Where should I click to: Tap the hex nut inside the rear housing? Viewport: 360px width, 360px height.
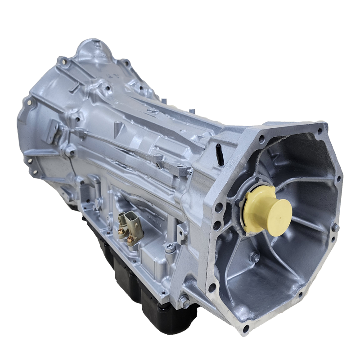[x=255, y=258]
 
